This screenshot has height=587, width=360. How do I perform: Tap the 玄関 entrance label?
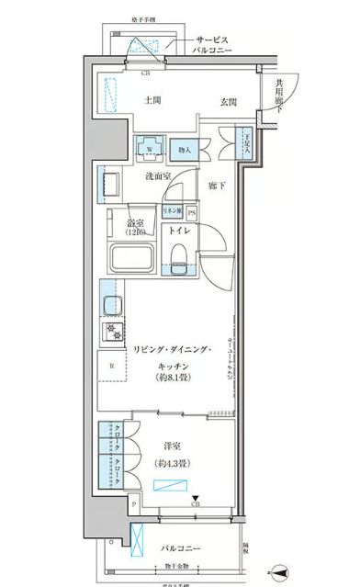(230, 102)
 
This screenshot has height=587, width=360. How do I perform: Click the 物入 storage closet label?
(185, 148)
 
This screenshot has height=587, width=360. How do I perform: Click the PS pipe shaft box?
(192, 211)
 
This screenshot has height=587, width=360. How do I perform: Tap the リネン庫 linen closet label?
(172, 211)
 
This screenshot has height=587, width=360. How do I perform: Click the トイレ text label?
(178, 231)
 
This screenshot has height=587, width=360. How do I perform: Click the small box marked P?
(134, 503)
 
